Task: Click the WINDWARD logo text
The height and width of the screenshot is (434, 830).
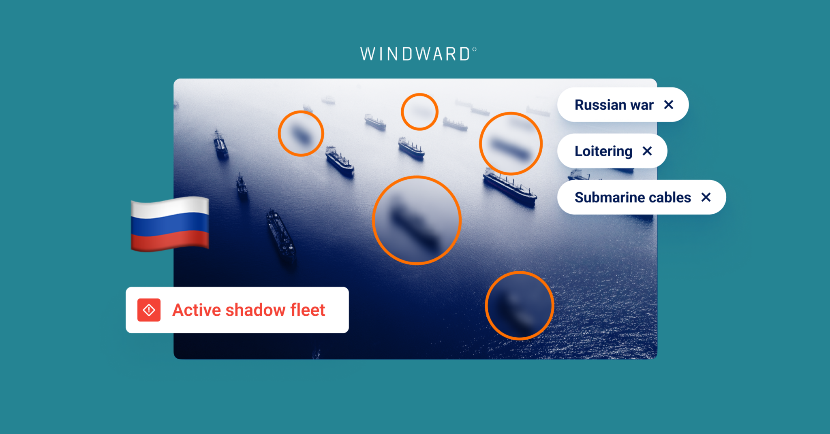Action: point(418,54)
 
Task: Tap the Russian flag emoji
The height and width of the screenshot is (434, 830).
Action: point(170,224)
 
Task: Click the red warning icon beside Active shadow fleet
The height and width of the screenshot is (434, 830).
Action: point(149,310)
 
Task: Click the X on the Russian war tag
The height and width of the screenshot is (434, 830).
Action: point(669,105)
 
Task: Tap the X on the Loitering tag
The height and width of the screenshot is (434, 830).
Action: point(647,151)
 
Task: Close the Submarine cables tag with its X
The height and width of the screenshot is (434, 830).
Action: point(706,197)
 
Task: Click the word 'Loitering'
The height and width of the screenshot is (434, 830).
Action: point(603,151)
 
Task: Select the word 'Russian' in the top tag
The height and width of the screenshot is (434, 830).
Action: point(600,105)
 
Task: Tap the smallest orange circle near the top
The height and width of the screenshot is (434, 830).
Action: point(419,112)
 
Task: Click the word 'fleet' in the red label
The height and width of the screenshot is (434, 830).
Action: point(308,310)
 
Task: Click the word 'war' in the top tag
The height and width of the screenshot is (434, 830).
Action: point(642,105)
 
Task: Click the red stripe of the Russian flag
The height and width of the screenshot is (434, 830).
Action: point(170,241)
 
